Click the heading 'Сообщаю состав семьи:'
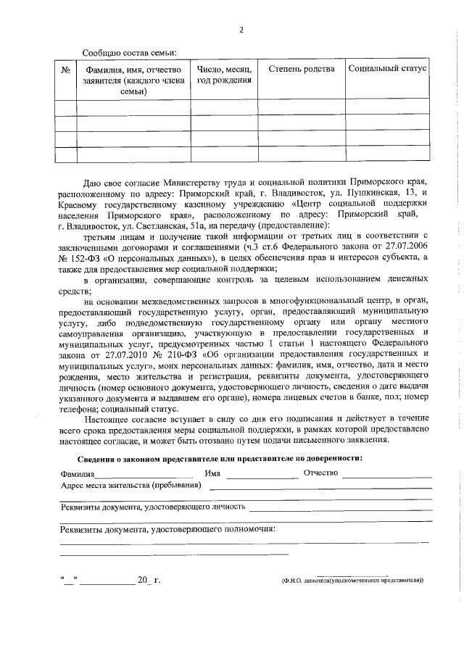(130, 53)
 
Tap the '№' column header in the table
(65, 69)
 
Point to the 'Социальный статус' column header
(387, 69)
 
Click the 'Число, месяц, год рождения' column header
(224, 74)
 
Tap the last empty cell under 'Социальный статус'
(387, 154)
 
